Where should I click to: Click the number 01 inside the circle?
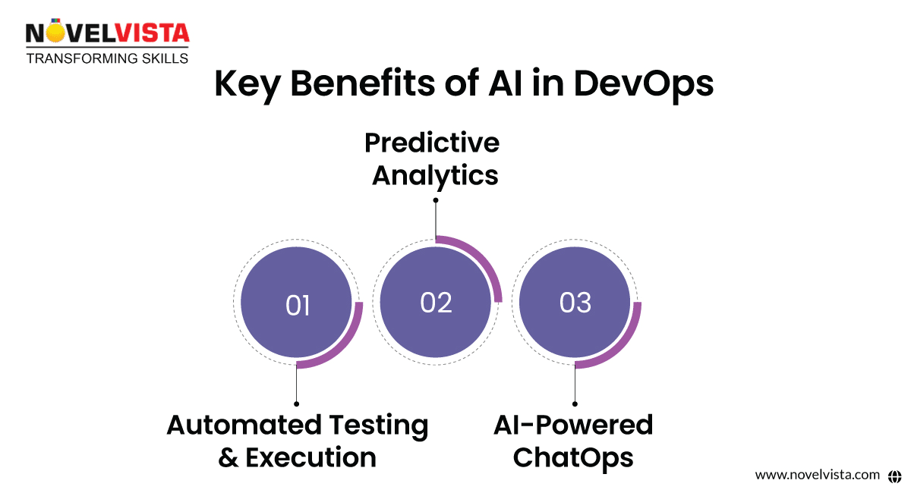[298, 306]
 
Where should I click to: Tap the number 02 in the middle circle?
[436, 303]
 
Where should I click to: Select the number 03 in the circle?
[575, 303]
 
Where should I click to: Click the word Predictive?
[432, 143]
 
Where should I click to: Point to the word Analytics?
[435, 175]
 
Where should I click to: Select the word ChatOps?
[573, 457]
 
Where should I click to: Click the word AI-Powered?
[573, 425]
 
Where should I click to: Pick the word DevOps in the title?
[644, 84]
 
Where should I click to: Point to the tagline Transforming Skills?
[108, 58]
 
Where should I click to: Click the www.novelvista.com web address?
[817, 475]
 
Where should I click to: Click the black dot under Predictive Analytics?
[436, 200]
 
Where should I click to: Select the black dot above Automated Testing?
[296, 404]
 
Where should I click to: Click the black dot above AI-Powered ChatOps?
[575, 404]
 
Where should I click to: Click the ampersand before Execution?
[228, 457]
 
